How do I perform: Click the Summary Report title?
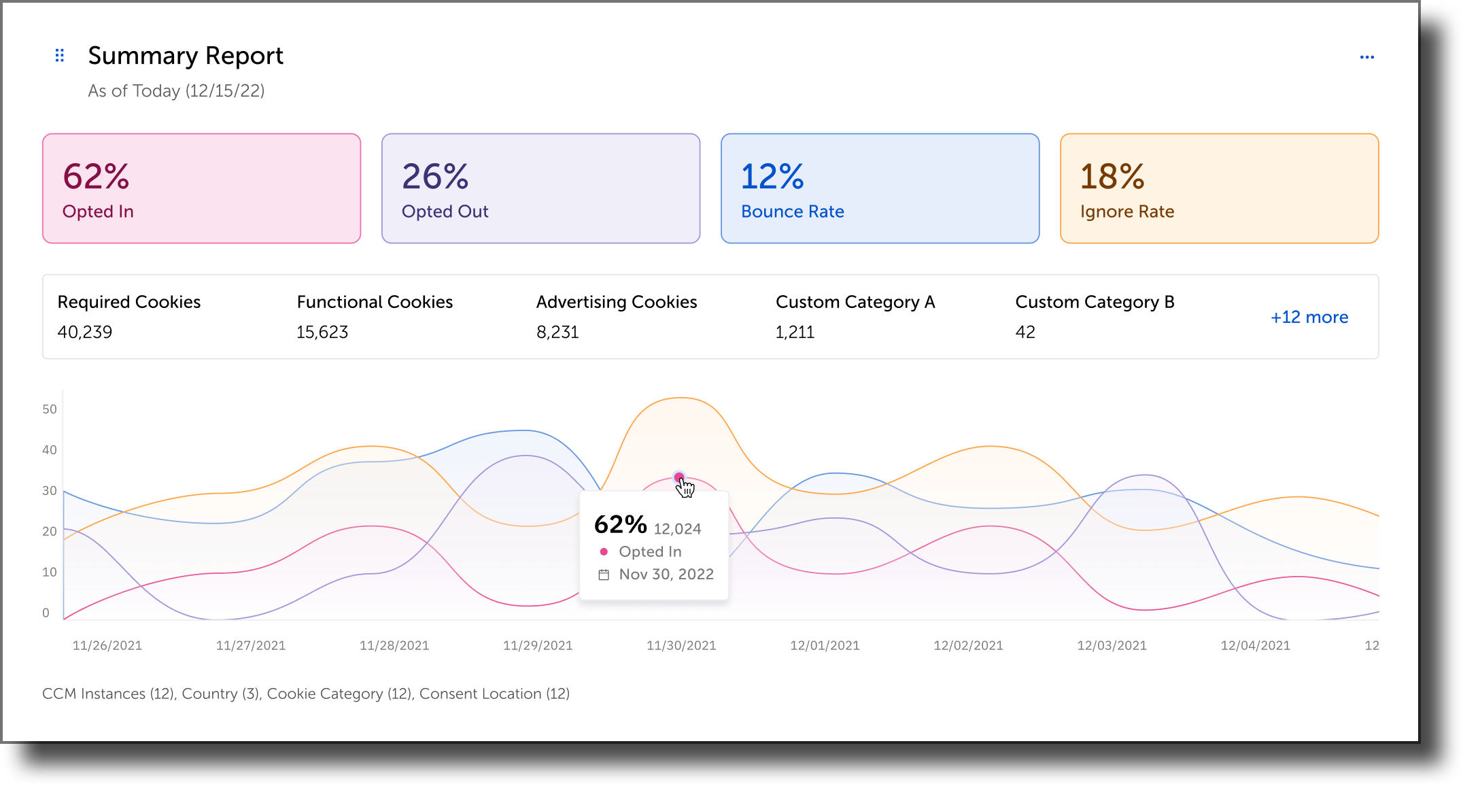point(186,56)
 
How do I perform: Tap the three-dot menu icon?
point(1366,57)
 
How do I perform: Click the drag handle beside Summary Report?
point(60,55)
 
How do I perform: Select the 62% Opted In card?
point(201,188)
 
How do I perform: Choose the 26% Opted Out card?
point(540,188)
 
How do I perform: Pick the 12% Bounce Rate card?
point(880,188)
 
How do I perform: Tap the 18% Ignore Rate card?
point(1219,188)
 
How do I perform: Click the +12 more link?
point(1309,318)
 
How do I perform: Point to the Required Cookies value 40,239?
point(85,332)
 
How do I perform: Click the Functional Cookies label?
point(375,302)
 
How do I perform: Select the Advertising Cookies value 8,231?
point(557,332)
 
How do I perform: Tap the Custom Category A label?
point(855,302)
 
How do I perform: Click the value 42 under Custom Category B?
point(1025,332)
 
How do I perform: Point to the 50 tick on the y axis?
point(50,409)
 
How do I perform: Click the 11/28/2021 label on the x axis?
point(394,646)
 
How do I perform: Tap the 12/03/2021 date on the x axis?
point(1112,646)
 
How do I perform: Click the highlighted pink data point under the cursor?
point(679,477)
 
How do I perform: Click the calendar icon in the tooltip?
point(604,575)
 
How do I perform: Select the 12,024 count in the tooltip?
point(677,529)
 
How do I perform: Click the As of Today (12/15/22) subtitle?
point(176,91)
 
